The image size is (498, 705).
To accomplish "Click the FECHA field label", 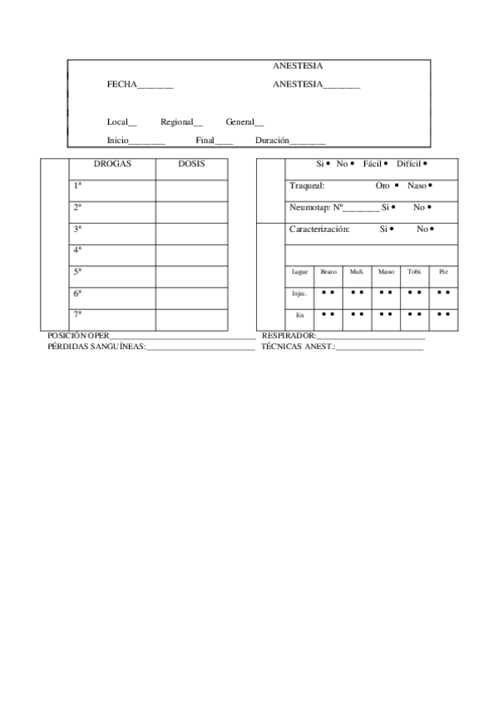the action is pos(121,85).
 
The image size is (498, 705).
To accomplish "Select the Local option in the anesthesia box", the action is pos(118,122).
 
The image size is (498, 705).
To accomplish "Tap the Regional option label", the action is pos(177,122).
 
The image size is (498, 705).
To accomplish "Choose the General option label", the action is pos(240,122).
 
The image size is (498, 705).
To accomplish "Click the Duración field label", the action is pos(273,141).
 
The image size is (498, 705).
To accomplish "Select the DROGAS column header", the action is pos(111,165).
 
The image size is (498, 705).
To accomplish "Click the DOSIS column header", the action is pos(190,165).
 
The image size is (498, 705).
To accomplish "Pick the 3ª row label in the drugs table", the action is pos(77,229).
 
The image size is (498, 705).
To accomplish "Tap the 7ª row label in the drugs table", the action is pos(77,314).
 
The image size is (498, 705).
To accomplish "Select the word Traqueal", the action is pos(307,185).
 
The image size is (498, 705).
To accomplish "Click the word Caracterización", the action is pos(319,229).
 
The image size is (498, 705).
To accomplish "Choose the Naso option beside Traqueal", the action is pos(417,185).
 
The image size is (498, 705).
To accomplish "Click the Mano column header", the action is pos(386,272).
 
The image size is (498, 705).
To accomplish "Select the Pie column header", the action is pos(443,272).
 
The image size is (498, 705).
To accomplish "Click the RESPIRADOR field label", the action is pos(288,335).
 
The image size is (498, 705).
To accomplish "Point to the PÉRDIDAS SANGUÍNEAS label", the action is pos(96,346).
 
